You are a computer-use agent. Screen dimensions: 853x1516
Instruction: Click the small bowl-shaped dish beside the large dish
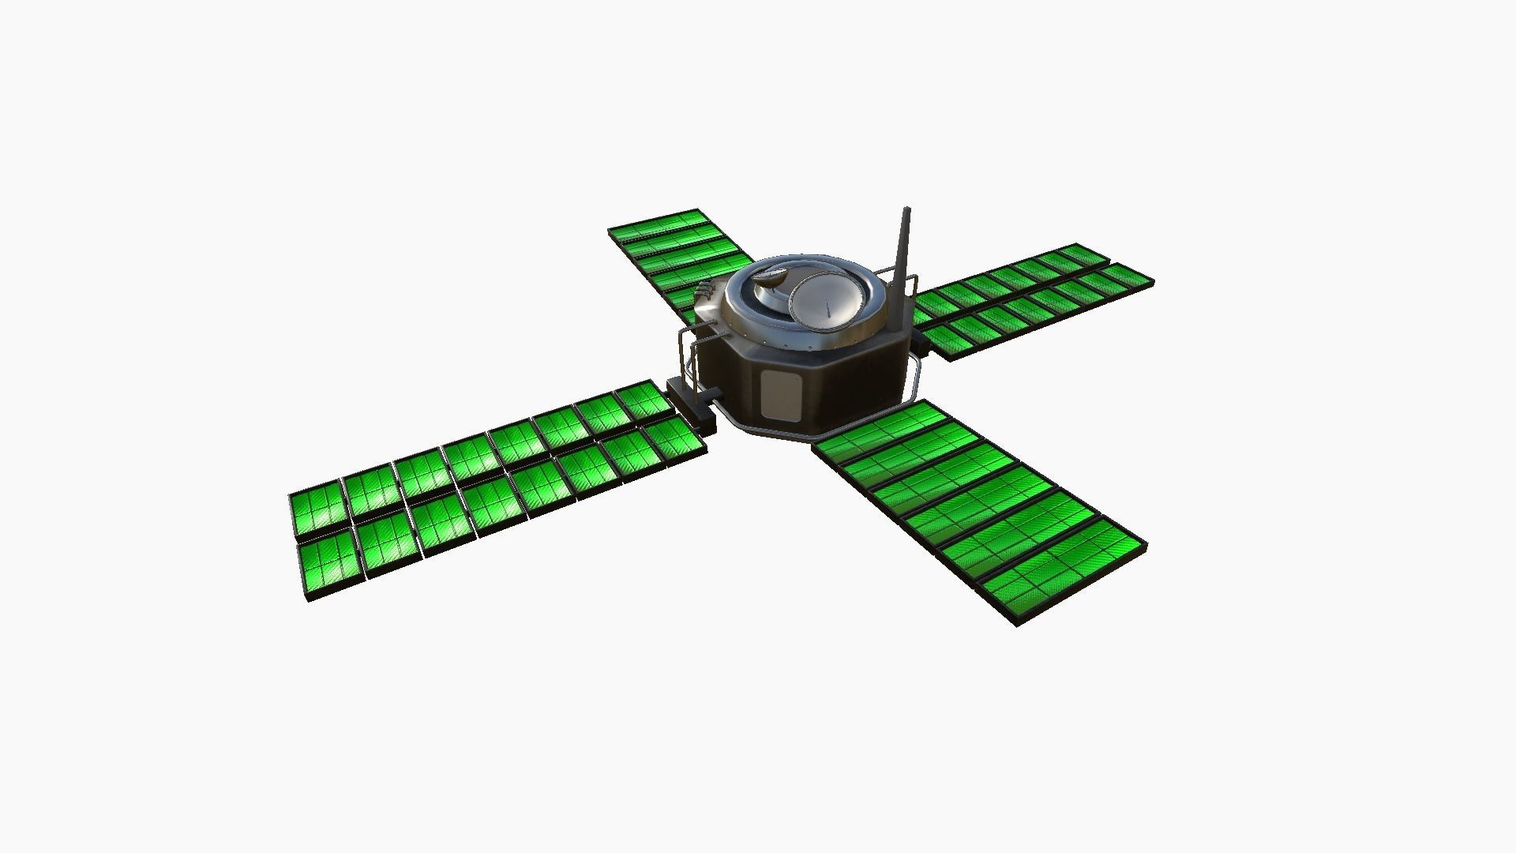pos(769,277)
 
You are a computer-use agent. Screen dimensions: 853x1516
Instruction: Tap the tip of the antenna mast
pos(906,212)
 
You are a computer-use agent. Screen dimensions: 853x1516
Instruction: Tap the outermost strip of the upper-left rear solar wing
pos(655,224)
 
